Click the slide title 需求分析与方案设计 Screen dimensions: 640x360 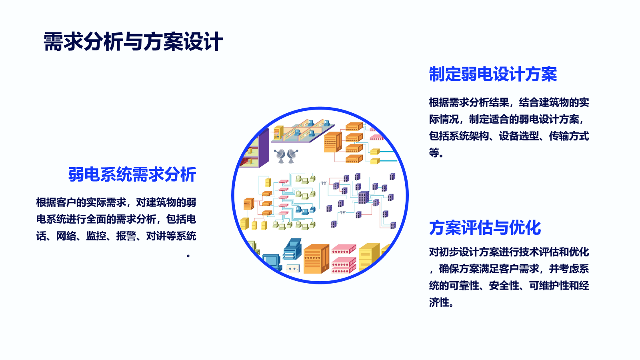coord(133,42)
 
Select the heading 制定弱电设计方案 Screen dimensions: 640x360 coord(493,74)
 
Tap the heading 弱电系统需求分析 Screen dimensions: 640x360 coord(132,174)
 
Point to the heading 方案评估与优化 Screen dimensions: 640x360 coord(485,228)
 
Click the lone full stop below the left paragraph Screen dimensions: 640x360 coord(188,256)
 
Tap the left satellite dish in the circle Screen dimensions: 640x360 coord(280,156)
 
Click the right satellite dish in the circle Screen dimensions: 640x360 coord(292,156)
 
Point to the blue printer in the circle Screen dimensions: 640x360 coord(292,249)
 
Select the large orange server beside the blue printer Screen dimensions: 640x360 coord(316,259)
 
